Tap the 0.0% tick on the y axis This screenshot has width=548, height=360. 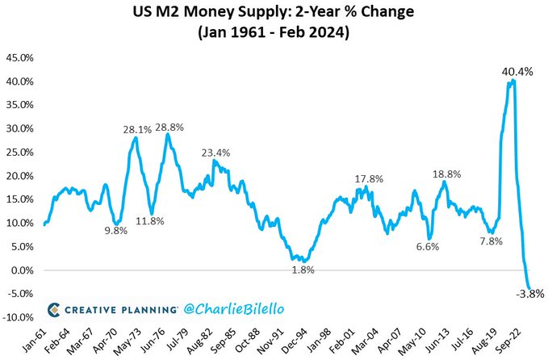pos(20,270)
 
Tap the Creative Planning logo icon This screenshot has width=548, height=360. pos(53,308)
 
